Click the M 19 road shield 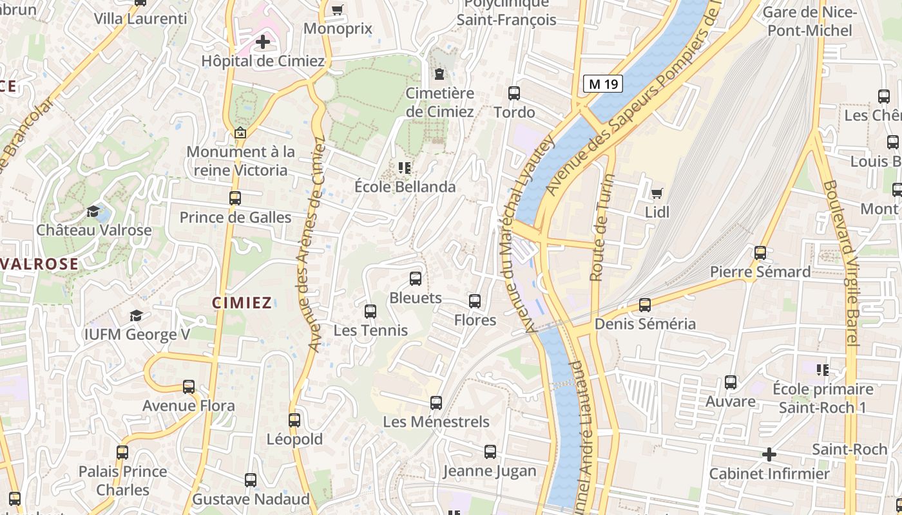tap(603, 83)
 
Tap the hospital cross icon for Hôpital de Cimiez tap(263, 42)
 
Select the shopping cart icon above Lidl tap(657, 193)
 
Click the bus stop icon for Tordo tap(514, 93)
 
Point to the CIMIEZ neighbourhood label tap(242, 303)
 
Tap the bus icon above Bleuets tap(416, 279)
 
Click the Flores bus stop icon tap(475, 301)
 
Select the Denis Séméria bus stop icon tap(645, 305)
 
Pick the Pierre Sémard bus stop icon tap(760, 253)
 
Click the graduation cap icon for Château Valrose tap(93, 212)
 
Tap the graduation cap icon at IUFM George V tap(136, 315)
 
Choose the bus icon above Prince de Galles tap(235, 198)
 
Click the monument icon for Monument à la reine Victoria tap(240, 133)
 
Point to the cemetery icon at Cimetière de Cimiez tap(439, 74)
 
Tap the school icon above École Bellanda tap(405, 169)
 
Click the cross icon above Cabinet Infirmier tap(769, 455)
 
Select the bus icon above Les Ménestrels tap(436, 403)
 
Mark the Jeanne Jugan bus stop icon tap(490, 452)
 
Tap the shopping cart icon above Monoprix tap(337, 10)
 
